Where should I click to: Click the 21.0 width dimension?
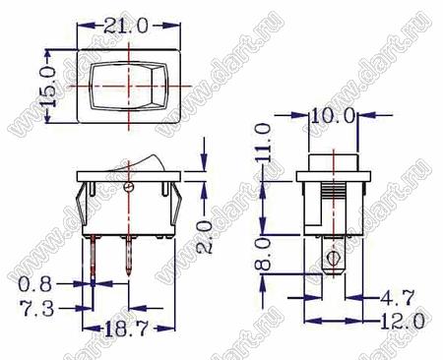click(126, 26)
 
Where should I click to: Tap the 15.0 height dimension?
click(49, 87)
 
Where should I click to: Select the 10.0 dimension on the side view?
click(333, 115)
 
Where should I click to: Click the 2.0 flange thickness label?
click(204, 237)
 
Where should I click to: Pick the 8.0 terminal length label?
click(263, 254)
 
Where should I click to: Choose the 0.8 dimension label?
click(35, 284)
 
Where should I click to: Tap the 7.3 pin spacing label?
click(37, 309)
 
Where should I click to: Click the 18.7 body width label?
click(127, 329)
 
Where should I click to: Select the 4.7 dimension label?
click(398, 297)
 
